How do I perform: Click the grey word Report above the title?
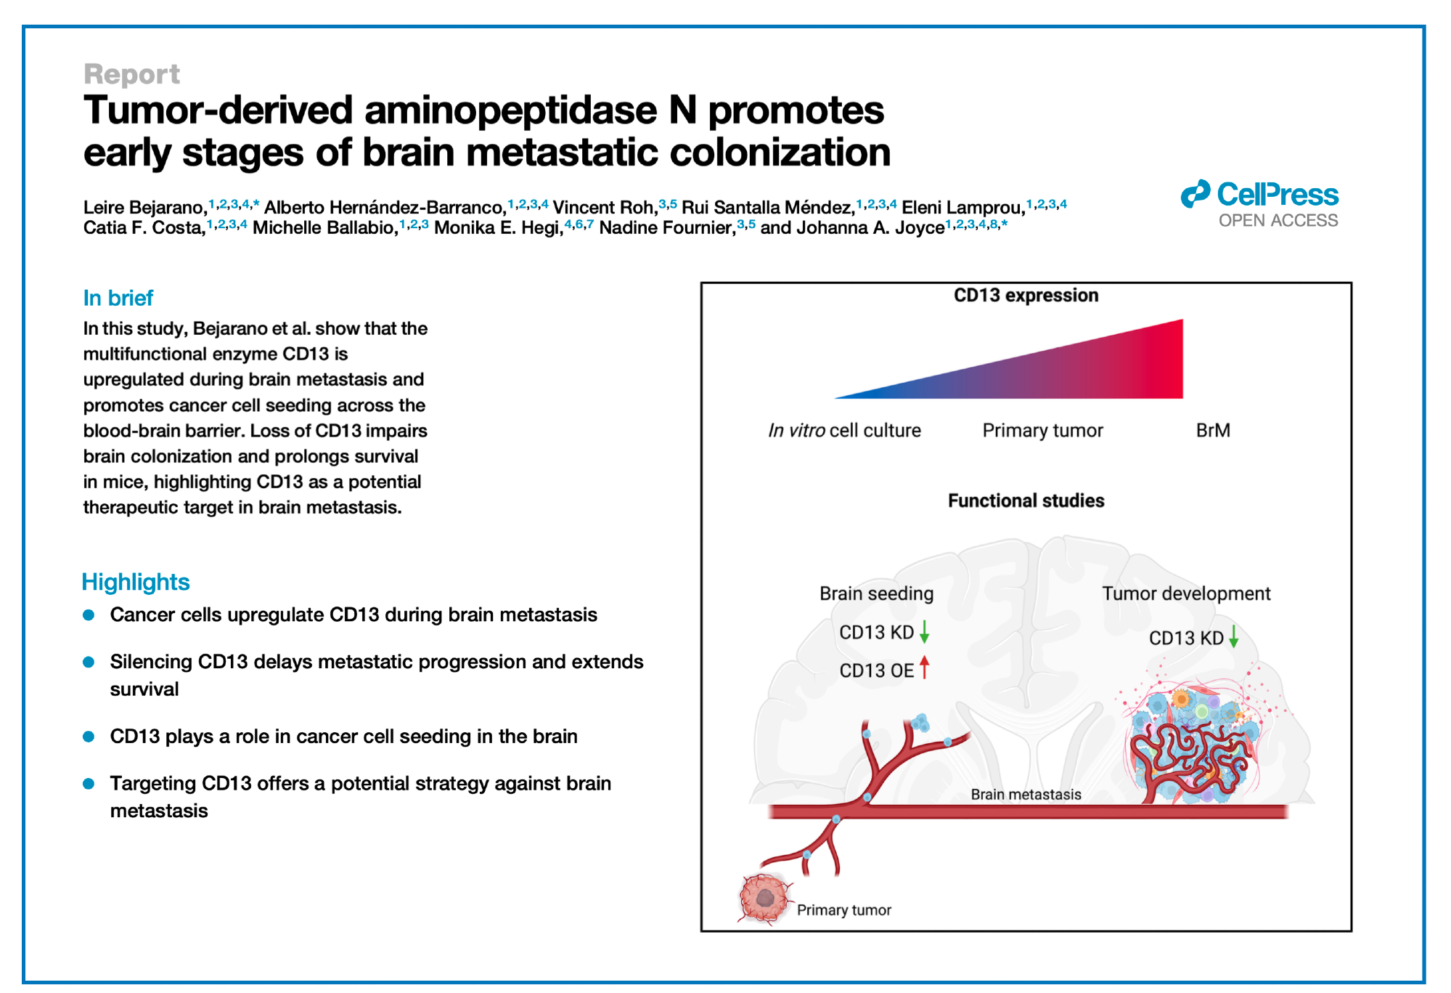(131, 75)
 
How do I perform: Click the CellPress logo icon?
(1195, 194)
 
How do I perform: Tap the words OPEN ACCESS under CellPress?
(1278, 221)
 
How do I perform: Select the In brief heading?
(118, 298)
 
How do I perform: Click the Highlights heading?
(135, 582)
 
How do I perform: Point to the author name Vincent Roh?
(603, 208)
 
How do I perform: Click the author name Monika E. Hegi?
(498, 228)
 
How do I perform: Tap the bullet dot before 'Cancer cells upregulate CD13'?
(89, 615)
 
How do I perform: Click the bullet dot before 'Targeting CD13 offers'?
(89, 784)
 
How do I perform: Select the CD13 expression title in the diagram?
(1025, 296)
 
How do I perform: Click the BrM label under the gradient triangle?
(1212, 431)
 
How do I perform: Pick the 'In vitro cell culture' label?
(844, 431)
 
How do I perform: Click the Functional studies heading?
(1025, 500)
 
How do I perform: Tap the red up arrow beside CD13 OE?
(924, 667)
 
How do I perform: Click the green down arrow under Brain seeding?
(924, 631)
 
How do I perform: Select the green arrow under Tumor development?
(1233, 637)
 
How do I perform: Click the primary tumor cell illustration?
(764, 898)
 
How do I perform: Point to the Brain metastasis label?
(1025, 795)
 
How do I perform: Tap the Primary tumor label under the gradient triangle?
(1042, 431)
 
